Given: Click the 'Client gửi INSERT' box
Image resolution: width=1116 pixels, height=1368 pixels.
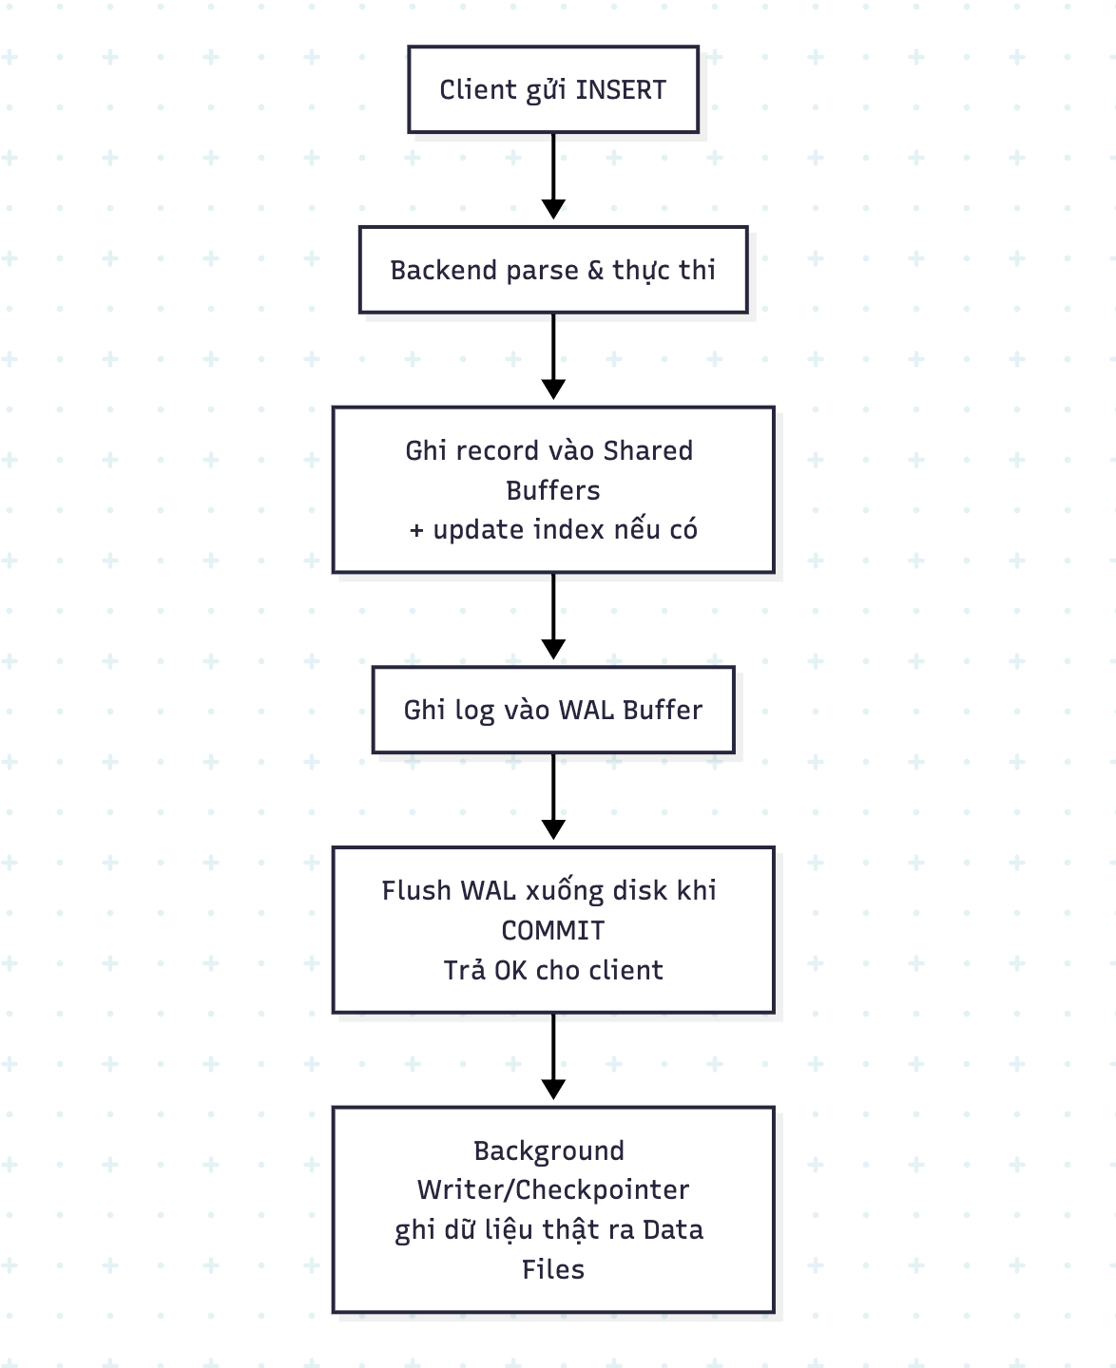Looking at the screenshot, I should point(553,89).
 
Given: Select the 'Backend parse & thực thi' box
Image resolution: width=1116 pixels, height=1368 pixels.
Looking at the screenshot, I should point(553,270).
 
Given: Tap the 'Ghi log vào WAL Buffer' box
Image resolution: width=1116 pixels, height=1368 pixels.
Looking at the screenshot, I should point(553,710).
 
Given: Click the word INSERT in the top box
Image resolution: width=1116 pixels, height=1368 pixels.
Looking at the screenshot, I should point(621,90).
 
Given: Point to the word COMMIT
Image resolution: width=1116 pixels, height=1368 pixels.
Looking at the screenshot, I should point(553,930).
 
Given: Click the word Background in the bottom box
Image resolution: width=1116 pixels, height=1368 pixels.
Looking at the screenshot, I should point(549,1150).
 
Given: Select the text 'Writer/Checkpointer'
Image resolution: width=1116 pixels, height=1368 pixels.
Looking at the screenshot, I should point(553,1189).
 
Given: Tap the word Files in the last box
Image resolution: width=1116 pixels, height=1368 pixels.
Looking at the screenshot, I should point(553,1269).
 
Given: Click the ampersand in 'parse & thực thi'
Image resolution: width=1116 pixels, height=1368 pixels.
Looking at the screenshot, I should point(595,271).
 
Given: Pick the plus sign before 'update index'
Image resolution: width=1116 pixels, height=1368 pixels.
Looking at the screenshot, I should point(416,531).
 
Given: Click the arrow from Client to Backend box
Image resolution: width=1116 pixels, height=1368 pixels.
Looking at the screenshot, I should point(553,176).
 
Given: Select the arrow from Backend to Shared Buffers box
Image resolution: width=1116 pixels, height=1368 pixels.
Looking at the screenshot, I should point(553,357).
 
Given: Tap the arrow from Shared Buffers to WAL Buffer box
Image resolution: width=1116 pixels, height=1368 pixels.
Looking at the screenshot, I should point(553,617).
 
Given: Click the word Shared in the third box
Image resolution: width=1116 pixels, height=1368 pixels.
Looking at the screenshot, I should point(648,450).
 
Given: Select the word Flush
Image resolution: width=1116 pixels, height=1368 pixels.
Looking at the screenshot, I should point(416,891).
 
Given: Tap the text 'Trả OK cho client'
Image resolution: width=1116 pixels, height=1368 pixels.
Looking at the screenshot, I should point(553,970).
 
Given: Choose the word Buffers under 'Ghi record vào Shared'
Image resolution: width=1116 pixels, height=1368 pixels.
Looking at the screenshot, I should point(553,490).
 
